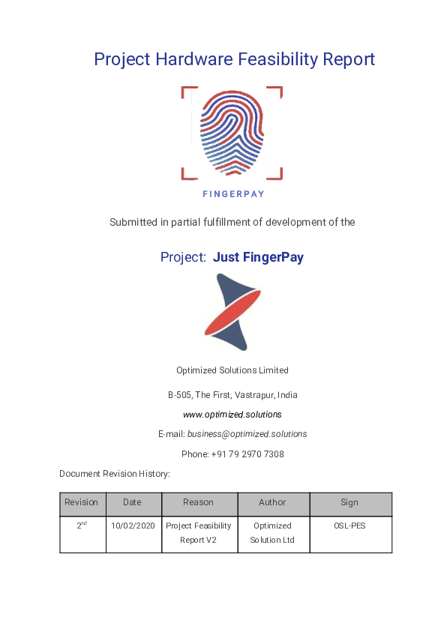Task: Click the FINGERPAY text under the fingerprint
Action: tap(233, 193)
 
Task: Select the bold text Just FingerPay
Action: tap(258, 257)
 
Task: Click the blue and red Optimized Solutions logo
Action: tap(232, 312)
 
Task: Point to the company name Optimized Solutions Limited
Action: tap(232, 370)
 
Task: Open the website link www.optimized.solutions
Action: tap(232, 414)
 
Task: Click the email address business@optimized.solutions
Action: tap(247, 434)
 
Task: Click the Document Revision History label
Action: tap(115, 474)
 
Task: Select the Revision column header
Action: tap(81, 502)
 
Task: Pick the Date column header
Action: tap(132, 502)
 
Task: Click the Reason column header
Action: tap(198, 502)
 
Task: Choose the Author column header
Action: tap(272, 502)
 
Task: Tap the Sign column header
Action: tap(349, 502)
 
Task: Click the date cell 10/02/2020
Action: tap(133, 526)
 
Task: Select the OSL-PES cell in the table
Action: tap(349, 526)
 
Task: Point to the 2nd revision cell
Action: tap(82, 526)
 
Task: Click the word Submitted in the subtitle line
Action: tap(133, 222)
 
